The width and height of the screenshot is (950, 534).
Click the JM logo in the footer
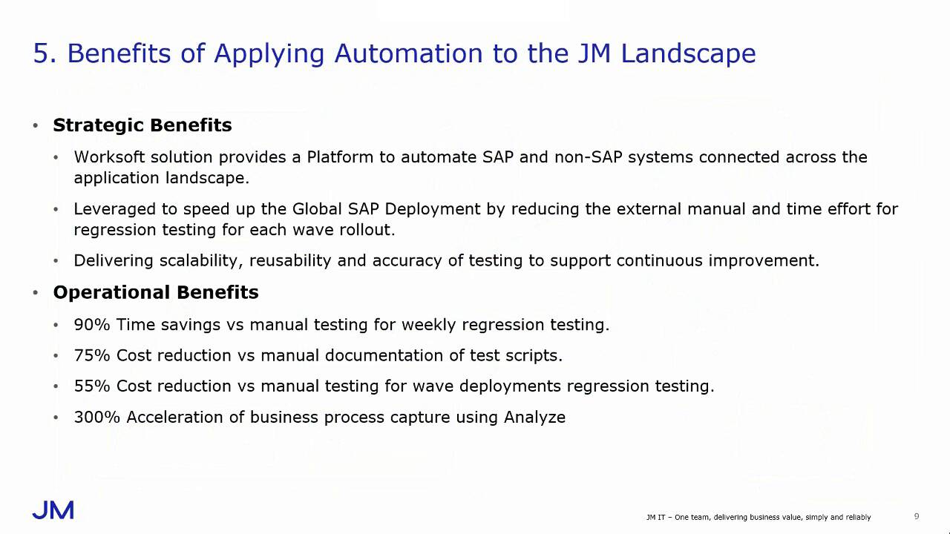coord(53,510)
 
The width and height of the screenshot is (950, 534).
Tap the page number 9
coord(917,516)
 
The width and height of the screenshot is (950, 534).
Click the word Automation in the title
coord(408,53)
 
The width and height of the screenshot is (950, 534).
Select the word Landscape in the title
coord(688,54)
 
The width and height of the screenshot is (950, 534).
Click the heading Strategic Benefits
coord(142,125)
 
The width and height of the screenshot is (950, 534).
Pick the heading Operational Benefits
coord(156,292)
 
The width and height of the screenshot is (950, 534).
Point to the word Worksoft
coord(109,157)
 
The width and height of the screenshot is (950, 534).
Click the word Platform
coord(340,157)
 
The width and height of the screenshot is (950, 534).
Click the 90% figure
coord(91,325)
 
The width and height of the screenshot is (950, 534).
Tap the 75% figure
coord(91,355)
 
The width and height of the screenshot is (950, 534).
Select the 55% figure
coord(91,386)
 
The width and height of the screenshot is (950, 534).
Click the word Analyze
coord(534,418)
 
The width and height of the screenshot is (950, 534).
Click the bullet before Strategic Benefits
coord(36,125)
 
